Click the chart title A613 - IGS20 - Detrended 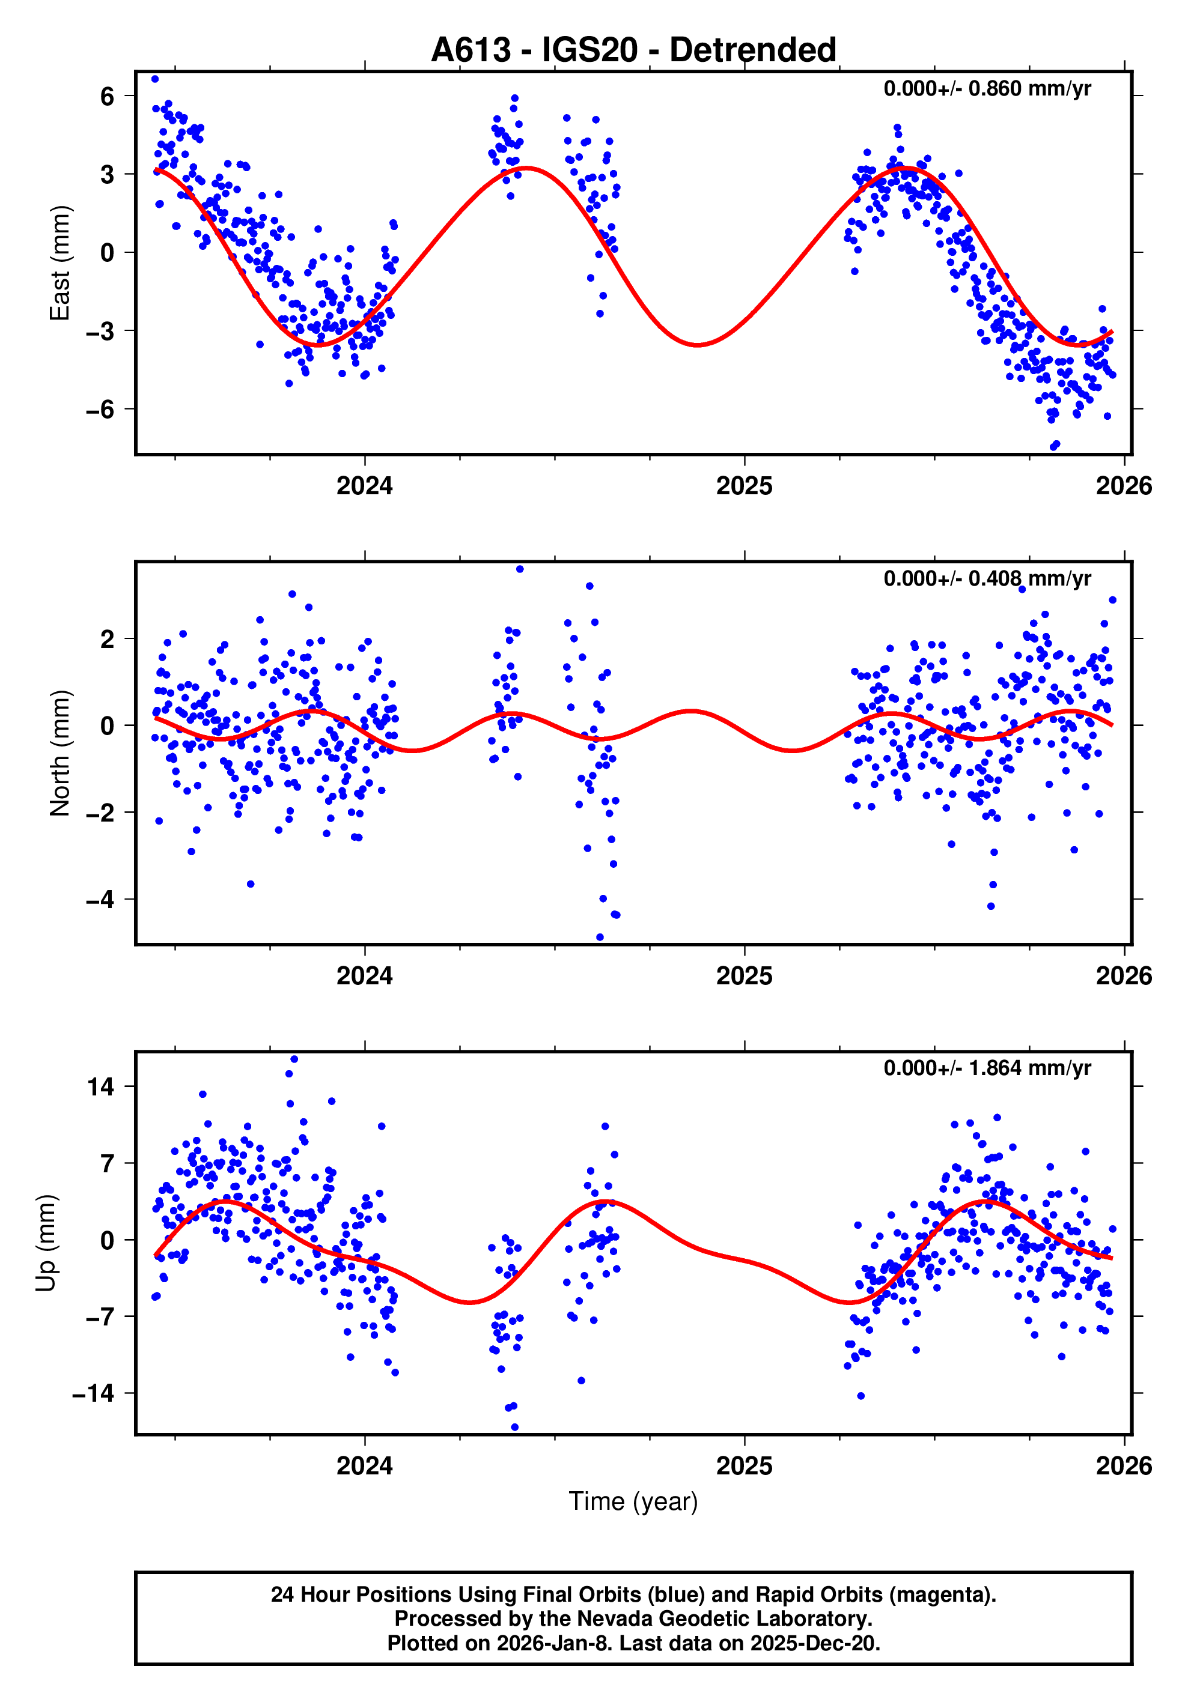633,50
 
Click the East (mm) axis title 59,263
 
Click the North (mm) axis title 59,753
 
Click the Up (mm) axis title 46,1243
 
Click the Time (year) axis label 633,1495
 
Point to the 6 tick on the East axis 108,96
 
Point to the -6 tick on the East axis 101,409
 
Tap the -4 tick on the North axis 101,900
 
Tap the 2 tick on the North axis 108,639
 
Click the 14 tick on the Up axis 101,1088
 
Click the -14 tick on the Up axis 93,1394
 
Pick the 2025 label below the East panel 744,486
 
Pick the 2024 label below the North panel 364,977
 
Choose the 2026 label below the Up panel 1124,1466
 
